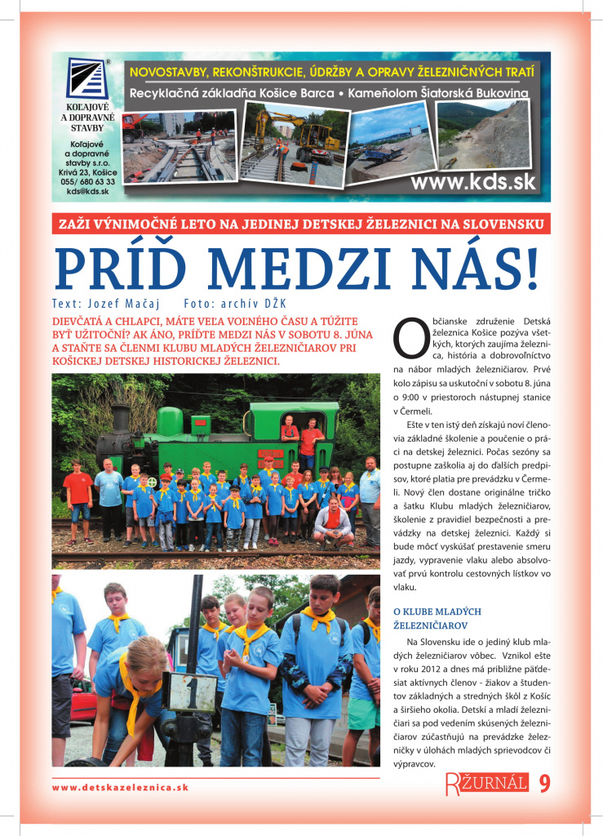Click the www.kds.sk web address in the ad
[x=473, y=182]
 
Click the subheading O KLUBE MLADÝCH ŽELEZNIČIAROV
[x=437, y=618]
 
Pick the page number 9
[x=544, y=785]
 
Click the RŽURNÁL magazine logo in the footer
[x=486, y=785]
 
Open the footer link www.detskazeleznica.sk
[x=120, y=788]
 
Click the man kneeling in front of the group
[x=331, y=522]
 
